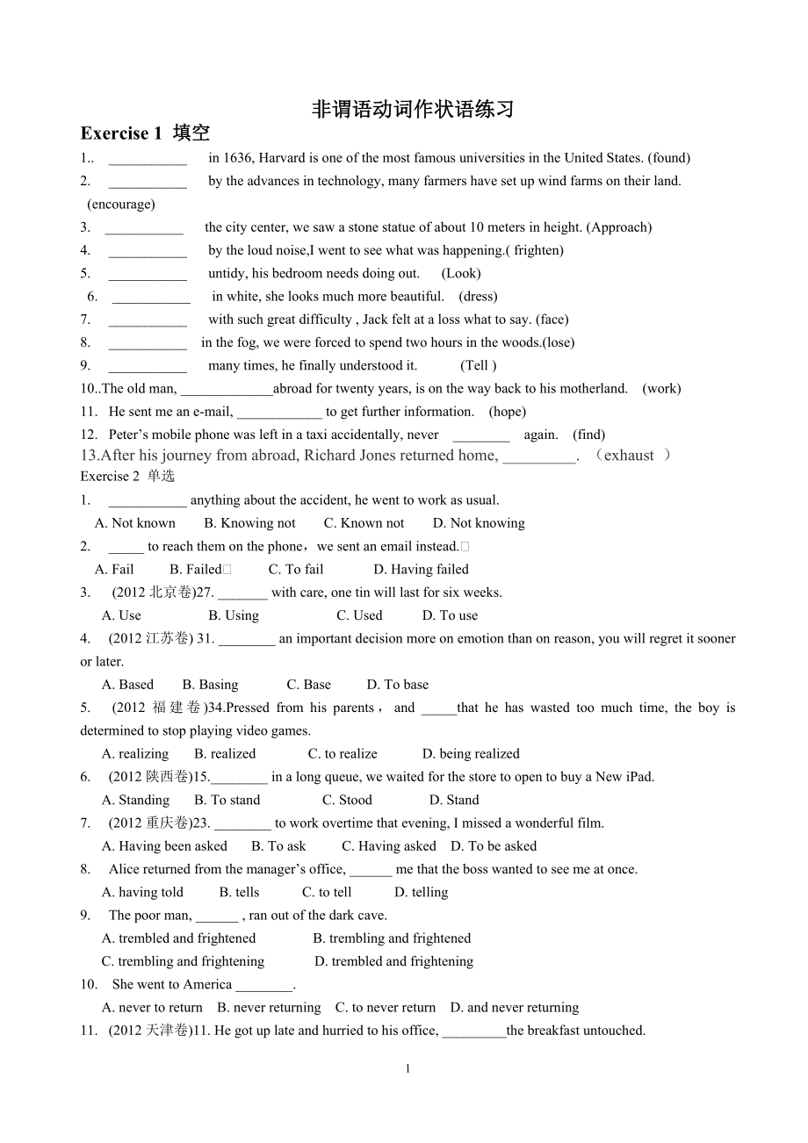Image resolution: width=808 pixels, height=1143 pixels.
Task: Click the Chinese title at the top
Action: click(x=413, y=109)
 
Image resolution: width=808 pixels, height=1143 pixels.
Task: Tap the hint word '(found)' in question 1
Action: click(x=668, y=158)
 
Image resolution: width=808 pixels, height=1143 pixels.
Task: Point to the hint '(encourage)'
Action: click(x=121, y=204)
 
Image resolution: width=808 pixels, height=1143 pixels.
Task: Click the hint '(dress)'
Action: click(x=478, y=297)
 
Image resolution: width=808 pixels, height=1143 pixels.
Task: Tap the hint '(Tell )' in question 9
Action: click(x=479, y=365)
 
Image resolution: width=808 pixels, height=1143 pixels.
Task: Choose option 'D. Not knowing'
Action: click(x=479, y=523)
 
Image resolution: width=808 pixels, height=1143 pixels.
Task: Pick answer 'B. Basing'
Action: click(x=210, y=685)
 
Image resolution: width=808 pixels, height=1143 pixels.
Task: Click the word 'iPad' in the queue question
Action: click(x=636, y=777)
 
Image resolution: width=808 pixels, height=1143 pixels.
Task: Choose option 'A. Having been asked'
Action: click(x=164, y=846)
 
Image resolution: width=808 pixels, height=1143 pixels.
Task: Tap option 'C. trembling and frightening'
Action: click(x=183, y=961)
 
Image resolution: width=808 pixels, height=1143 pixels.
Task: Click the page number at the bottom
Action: click(x=408, y=1068)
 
